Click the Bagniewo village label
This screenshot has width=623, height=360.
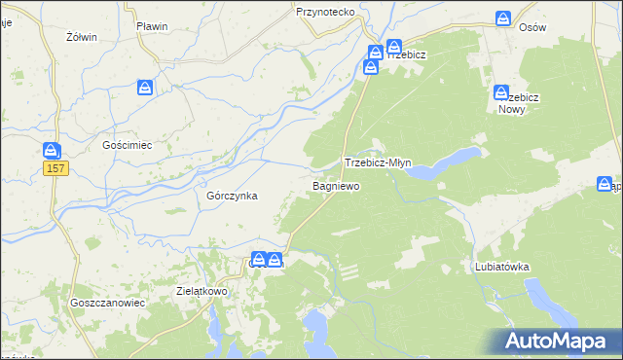pos(336,185)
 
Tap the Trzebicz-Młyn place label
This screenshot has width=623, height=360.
pos(384,163)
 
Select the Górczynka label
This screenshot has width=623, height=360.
pos(232,196)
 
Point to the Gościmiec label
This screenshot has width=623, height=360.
pos(128,145)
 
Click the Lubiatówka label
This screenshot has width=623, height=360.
pos(501,266)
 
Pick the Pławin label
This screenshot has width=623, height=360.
pos(153,26)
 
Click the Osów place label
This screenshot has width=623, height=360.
pos(532,28)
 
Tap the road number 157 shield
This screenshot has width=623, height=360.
pos(55,169)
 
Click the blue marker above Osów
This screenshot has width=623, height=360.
pos(503,18)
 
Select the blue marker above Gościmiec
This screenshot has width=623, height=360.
pos(145,89)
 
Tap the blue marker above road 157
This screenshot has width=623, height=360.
pos(52,150)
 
